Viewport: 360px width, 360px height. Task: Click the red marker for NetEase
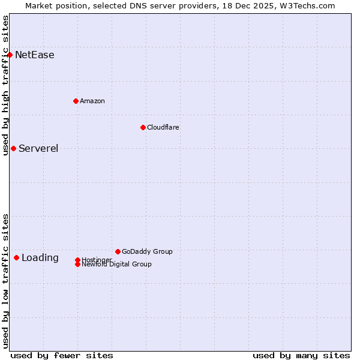pyautogui.click(x=10, y=55)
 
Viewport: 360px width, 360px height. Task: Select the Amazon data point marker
pyautogui.click(x=76, y=101)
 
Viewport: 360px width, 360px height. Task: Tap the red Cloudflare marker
pyautogui.click(x=143, y=127)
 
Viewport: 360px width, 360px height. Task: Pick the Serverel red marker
pyautogui.click(x=13, y=148)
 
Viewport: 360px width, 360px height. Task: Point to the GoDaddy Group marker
pyautogui.click(x=118, y=251)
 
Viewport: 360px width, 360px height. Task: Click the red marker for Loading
pyautogui.click(x=16, y=257)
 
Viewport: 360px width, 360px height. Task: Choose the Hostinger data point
pyautogui.click(x=77, y=260)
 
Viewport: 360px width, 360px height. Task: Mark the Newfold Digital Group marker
pyautogui.click(x=77, y=264)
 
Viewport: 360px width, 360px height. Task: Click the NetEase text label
pyautogui.click(x=35, y=55)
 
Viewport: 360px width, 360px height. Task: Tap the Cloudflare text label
pyautogui.click(x=163, y=127)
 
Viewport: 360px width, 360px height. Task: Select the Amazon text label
pyautogui.click(x=92, y=101)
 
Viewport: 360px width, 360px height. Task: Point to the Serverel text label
pyautogui.click(x=38, y=149)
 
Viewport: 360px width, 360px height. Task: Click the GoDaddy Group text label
pyautogui.click(x=147, y=251)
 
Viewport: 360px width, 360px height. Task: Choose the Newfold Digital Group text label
pyautogui.click(x=116, y=265)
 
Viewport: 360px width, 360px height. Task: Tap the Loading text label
pyautogui.click(x=40, y=258)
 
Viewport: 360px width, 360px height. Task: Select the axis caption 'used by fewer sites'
pyautogui.click(x=62, y=355)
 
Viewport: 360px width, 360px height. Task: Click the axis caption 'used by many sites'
pyautogui.click(x=301, y=355)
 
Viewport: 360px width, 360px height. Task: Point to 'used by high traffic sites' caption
pyautogui.click(x=5, y=85)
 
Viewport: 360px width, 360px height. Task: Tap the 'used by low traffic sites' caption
pyautogui.click(x=5, y=281)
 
